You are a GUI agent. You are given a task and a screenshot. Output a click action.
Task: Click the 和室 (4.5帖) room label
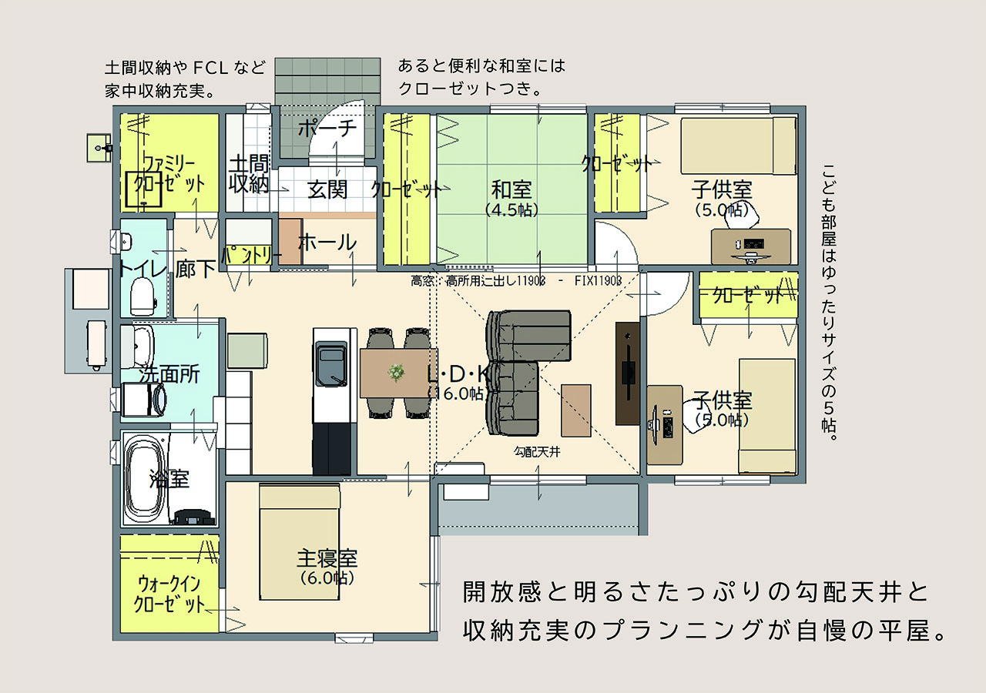(511, 198)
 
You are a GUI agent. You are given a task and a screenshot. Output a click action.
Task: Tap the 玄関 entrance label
(327, 189)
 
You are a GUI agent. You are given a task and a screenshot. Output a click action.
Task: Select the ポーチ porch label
(327, 128)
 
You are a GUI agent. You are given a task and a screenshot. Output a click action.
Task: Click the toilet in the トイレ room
(143, 297)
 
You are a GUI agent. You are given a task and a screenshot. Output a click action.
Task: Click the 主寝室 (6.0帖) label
(327, 567)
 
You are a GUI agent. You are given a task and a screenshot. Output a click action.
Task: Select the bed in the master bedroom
(300, 541)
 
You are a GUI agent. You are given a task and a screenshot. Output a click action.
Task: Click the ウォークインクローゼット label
(169, 594)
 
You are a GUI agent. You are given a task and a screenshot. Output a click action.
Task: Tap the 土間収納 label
(249, 174)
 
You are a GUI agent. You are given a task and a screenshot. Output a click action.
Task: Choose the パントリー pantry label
(251, 256)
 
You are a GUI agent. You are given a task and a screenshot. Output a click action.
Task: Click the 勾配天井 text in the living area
(537, 451)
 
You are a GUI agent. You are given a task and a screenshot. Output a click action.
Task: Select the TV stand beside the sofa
(628, 373)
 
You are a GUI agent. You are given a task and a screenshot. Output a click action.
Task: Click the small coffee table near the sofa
(575, 410)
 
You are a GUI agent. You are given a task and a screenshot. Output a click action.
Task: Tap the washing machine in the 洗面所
(143, 399)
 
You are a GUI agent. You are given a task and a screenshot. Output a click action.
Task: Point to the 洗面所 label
(169, 374)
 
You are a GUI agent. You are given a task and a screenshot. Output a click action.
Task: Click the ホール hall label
(327, 243)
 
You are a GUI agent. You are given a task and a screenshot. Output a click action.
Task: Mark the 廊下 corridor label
(196, 269)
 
